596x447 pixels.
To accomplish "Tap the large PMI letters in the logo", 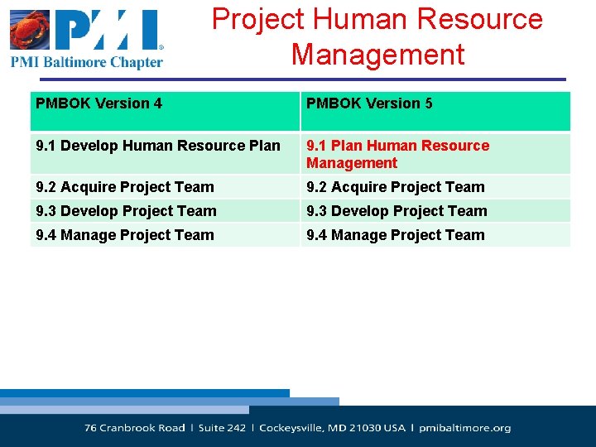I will tap(108, 31).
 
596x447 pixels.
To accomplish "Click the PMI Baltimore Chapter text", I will tap(87, 62).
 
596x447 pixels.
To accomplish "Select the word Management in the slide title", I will tap(377, 55).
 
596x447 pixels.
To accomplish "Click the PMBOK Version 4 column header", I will tap(99, 103).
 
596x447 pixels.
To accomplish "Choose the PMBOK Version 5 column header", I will tap(369, 103).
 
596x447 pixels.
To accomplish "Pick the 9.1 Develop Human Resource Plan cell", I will tap(158, 146).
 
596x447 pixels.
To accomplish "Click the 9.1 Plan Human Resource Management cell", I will tap(397, 154).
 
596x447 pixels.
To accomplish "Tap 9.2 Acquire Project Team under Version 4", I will tap(125, 187).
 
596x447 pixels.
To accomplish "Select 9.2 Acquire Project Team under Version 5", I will tap(396, 187).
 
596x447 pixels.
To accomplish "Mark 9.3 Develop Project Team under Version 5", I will tap(397, 211).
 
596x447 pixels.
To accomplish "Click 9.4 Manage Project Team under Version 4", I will tap(125, 235).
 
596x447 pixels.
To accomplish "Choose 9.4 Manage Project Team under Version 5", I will tap(396, 235).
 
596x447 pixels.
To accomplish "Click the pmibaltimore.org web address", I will tap(465, 428).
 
